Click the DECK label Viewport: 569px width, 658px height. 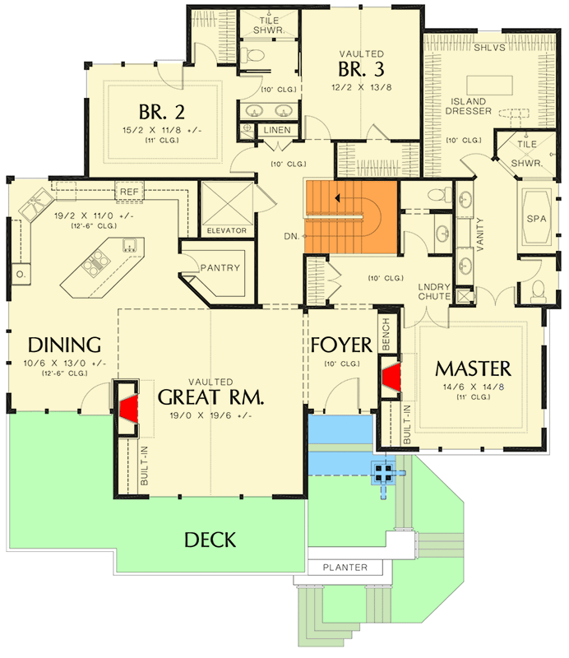pyautogui.click(x=210, y=540)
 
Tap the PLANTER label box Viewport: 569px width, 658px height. pyautogui.click(x=345, y=568)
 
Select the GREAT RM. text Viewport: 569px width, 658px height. pyautogui.click(x=210, y=397)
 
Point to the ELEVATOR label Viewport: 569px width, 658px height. pyautogui.click(x=226, y=230)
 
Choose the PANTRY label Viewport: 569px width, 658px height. pyautogui.click(x=220, y=267)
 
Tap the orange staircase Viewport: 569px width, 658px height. pyautogui.click(x=351, y=215)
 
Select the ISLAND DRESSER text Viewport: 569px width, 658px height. pyautogui.click(x=467, y=106)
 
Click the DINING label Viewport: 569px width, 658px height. pyautogui.click(x=64, y=344)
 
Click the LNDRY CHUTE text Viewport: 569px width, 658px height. pyautogui.click(x=433, y=290)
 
